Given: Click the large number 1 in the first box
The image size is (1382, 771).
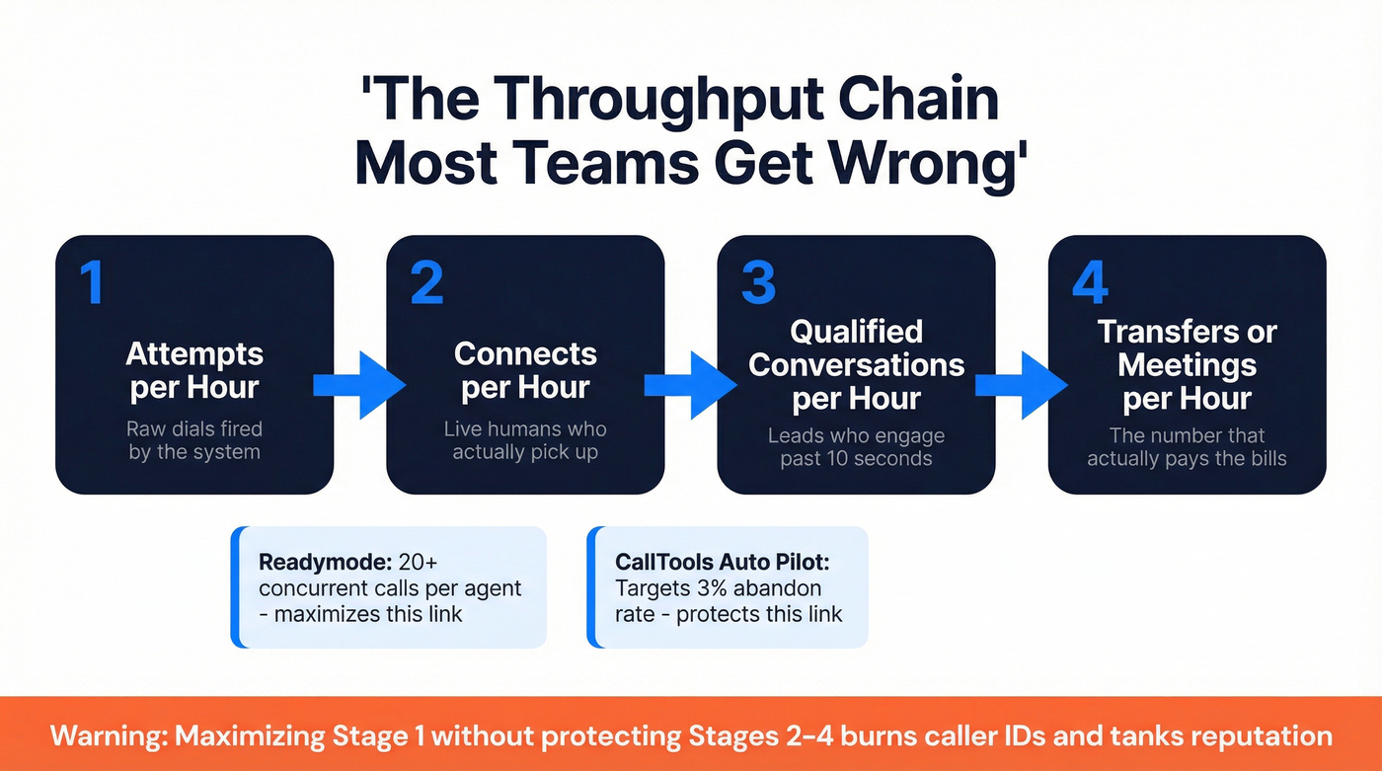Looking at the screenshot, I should [x=92, y=283].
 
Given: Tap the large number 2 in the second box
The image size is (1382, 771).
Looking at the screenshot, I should [x=426, y=283].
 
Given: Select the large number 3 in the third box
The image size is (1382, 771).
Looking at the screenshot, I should [x=758, y=283].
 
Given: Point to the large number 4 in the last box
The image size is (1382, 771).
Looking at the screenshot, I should [x=1090, y=283].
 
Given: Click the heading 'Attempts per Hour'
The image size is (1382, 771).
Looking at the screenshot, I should [x=194, y=370].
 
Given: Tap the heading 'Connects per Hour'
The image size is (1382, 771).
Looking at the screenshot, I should [x=525, y=370].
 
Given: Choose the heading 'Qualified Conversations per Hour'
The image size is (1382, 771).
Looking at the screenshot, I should [x=856, y=364].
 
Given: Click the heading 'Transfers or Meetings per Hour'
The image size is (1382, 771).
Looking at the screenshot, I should [x=1187, y=364].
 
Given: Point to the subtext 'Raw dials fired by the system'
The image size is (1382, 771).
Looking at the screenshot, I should [x=194, y=441].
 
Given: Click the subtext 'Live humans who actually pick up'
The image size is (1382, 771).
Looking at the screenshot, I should [x=525, y=441].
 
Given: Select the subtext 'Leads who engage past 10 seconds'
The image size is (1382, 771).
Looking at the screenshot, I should [x=856, y=447].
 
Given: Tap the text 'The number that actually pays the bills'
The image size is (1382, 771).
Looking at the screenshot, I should [x=1187, y=447].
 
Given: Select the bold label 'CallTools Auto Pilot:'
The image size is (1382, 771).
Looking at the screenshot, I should [x=723, y=562].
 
